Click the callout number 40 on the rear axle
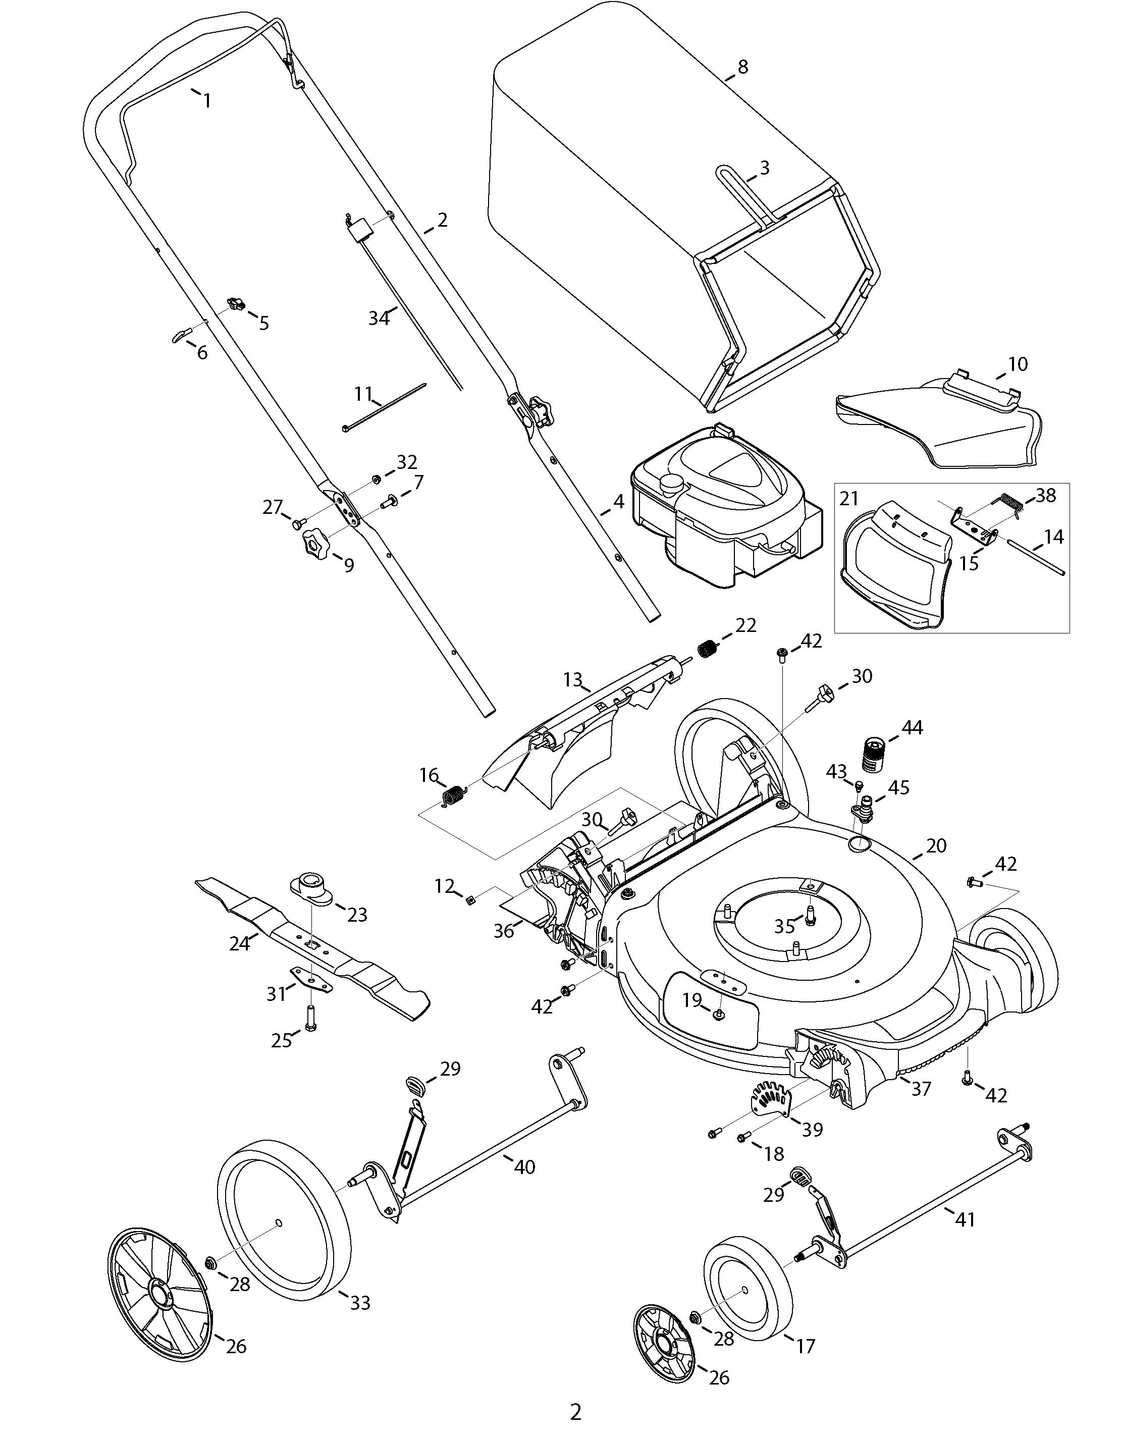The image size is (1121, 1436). coord(524,1167)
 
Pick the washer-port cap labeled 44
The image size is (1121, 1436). coord(873,756)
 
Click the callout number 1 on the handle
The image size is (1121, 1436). coord(207,100)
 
